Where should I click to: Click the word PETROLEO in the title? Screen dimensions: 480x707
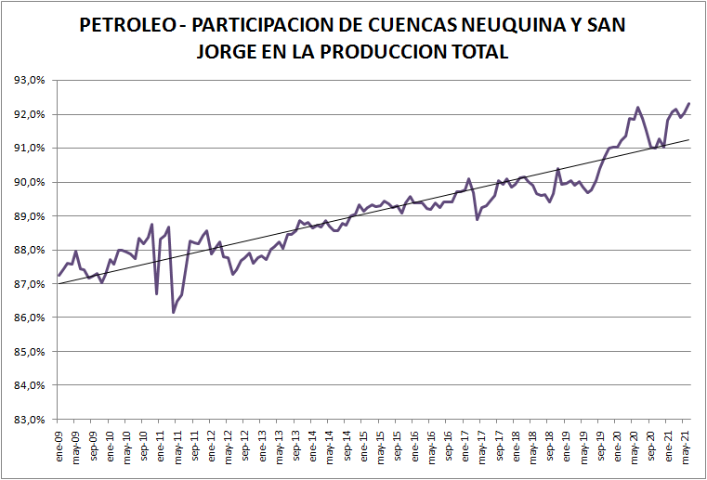124,25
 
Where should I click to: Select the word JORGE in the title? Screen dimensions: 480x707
229,52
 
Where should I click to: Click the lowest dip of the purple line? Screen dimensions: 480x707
174,313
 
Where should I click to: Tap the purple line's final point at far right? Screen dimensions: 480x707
688,103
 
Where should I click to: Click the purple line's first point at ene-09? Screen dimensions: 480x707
59,275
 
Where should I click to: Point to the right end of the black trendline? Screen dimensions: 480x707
689,140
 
